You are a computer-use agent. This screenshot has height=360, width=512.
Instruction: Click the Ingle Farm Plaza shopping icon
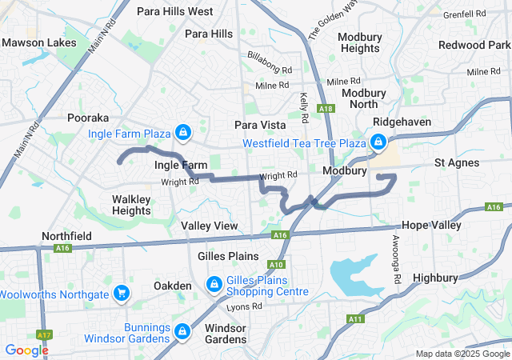click(x=183, y=131)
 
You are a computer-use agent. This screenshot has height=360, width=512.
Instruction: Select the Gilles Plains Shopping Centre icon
click(x=215, y=284)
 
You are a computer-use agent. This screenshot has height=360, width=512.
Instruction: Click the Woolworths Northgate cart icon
click(x=122, y=294)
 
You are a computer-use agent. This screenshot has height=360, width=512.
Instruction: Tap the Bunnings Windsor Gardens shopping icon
click(x=183, y=330)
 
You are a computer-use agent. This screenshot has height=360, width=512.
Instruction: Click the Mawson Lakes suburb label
click(x=39, y=42)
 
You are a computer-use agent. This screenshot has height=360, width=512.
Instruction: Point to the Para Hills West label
click(x=174, y=11)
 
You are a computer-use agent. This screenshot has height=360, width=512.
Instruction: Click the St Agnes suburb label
click(x=457, y=162)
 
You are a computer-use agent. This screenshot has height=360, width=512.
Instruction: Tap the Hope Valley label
click(x=431, y=226)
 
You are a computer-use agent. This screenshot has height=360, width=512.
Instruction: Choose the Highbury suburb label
click(x=435, y=278)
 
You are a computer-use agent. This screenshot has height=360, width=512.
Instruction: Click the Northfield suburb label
click(x=67, y=237)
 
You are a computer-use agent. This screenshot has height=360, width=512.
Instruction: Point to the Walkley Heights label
click(x=131, y=204)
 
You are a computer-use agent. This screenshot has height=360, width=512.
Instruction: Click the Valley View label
click(x=209, y=226)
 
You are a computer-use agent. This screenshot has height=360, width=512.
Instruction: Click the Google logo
click(x=26, y=350)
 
